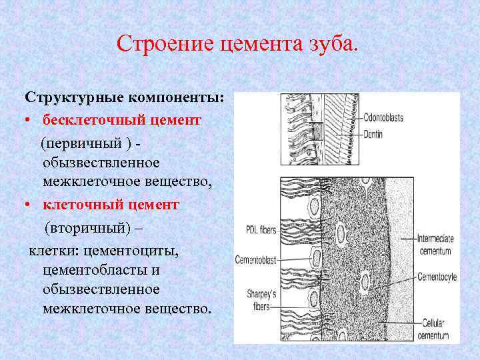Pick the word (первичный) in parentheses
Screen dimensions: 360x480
click(x=83, y=143)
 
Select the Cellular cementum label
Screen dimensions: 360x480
click(x=435, y=329)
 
